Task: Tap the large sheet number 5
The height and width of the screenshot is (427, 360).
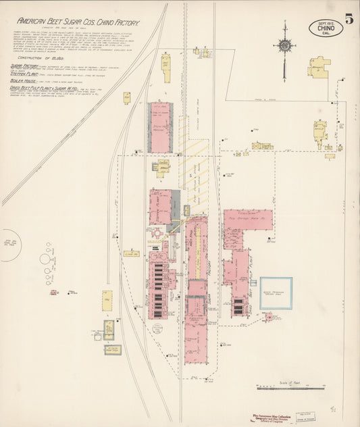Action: coord(349,19)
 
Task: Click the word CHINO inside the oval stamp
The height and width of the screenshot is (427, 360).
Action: coord(325,28)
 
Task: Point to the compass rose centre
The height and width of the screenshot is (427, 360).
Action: coord(284,45)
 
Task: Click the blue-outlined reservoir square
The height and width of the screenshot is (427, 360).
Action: coord(276,293)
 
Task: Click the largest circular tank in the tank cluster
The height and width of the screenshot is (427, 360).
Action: coord(45,259)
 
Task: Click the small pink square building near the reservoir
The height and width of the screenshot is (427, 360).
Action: coord(267,316)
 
